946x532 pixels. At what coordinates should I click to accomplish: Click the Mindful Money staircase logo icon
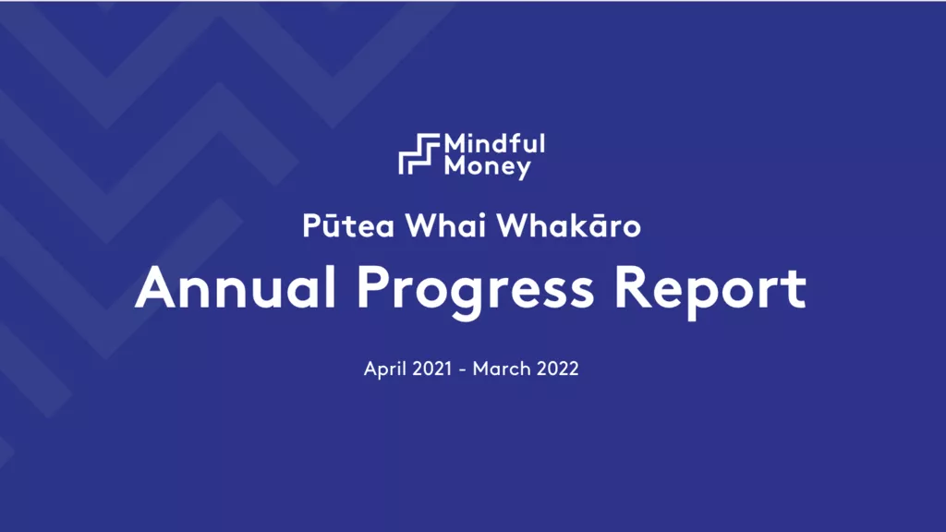click(x=419, y=154)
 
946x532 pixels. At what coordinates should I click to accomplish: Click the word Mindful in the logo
click(x=495, y=143)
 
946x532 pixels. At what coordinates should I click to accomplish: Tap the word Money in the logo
click(x=488, y=167)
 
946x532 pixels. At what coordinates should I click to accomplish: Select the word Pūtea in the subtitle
click(x=348, y=225)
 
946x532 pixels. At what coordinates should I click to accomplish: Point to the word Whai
click(x=445, y=225)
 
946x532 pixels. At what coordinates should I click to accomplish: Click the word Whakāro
click(x=568, y=225)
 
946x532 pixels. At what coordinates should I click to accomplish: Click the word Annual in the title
click(x=236, y=288)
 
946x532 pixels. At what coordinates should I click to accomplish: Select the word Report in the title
click(x=710, y=291)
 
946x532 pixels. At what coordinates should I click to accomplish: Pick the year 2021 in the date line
click(x=432, y=369)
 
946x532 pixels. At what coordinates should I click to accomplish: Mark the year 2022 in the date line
click(x=558, y=369)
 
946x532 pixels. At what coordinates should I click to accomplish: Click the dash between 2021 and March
click(x=462, y=369)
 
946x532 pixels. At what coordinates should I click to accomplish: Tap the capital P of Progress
click(x=373, y=288)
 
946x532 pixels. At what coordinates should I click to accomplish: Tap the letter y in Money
click(x=523, y=170)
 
